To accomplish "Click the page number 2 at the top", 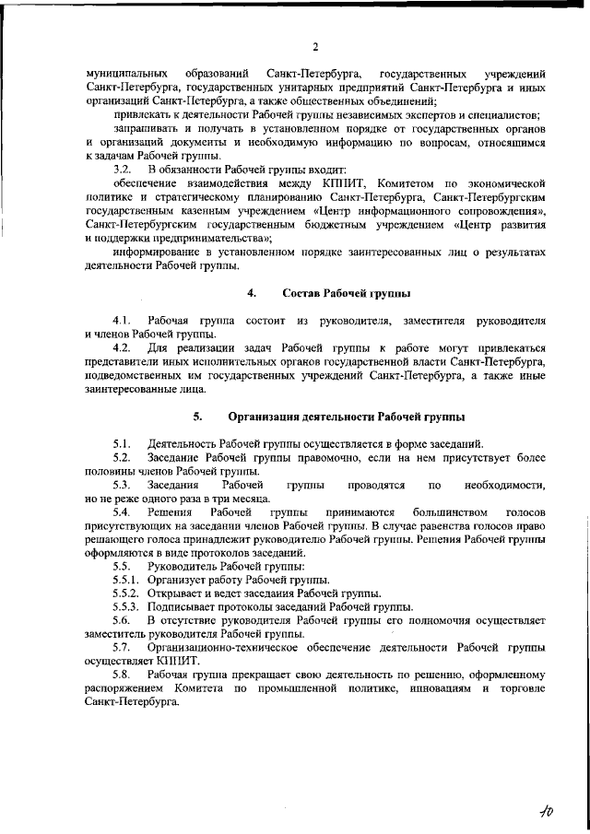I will tap(315, 48).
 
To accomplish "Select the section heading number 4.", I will tap(251, 294).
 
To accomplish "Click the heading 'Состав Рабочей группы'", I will tap(347, 294).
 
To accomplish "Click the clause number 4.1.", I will tap(121, 320).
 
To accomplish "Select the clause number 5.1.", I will tap(121, 443).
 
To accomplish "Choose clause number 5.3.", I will tap(121, 484).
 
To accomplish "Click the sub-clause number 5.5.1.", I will tap(125, 580).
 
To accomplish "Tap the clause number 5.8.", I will tap(121, 675).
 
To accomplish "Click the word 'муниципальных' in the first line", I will tap(125, 72).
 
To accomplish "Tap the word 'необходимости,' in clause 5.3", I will tap(505, 484).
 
